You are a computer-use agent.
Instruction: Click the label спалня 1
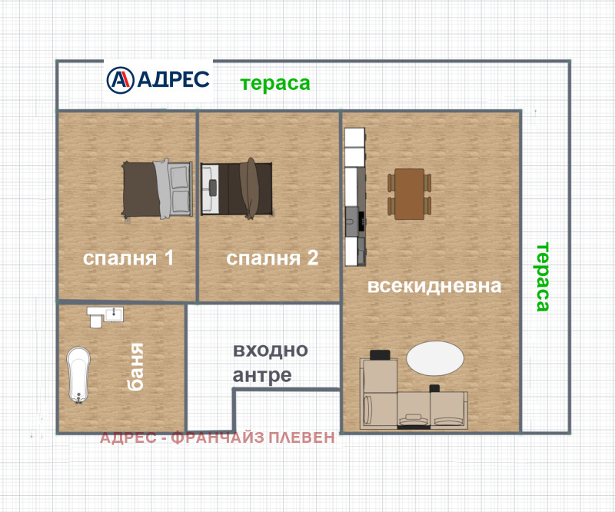[128, 258]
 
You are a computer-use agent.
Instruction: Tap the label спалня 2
[272, 258]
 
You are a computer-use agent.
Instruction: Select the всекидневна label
[434, 286]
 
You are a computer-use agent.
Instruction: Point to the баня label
[137, 367]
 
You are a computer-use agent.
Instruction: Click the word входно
[271, 350]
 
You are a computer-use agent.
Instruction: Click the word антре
[262, 375]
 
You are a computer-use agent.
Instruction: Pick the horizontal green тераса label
[275, 84]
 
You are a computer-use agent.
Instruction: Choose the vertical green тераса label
[543, 277]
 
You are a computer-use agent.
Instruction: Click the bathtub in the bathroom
[78, 374]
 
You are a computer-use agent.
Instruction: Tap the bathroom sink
[114, 314]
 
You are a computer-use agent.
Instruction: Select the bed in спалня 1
[158, 188]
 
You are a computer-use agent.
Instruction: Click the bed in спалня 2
[237, 188]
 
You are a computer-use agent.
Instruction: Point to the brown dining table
[410, 194]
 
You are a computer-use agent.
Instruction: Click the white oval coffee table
[435, 358]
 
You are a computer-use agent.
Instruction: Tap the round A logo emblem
[120, 80]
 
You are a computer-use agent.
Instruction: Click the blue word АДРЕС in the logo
[173, 80]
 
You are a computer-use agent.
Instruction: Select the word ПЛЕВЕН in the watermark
[301, 437]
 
